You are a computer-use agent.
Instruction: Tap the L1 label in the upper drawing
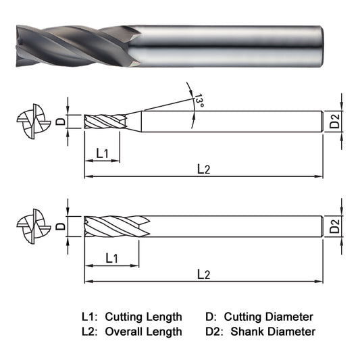tap(103, 153)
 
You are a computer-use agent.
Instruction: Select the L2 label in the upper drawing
tap(203, 170)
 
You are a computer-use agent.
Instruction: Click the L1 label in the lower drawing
tap(112, 258)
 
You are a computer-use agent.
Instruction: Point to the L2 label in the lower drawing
tap(203, 274)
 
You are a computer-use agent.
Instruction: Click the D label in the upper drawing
tap(60, 122)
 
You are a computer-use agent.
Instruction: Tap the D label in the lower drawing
tap(60, 226)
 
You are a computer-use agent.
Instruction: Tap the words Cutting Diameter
tap(268, 316)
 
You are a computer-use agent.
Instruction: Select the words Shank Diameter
tap(273, 331)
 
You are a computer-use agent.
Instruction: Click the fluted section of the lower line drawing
tap(112, 226)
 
